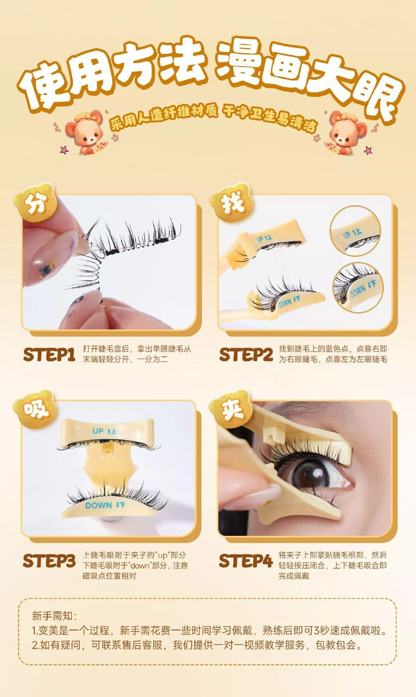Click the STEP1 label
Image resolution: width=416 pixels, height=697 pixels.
pyautogui.click(x=49, y=355)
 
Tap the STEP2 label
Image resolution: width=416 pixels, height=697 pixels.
pyautogui.click(x=246, y=355)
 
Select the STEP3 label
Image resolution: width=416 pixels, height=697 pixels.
pyautogui.click(x=49, y=561)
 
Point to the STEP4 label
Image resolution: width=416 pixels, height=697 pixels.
pyautogui.click(x=246, y=561)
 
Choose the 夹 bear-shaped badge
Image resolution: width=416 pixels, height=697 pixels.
pyautogui.click(x=231, y=410)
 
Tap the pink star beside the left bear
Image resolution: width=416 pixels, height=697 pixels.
pyautogui.click(x=64, y=149)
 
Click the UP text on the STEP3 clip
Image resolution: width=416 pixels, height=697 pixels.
pyautogui.click(x=98, y=431)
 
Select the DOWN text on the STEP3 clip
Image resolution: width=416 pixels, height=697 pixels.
pyautogui.click(x=99, y=505)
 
